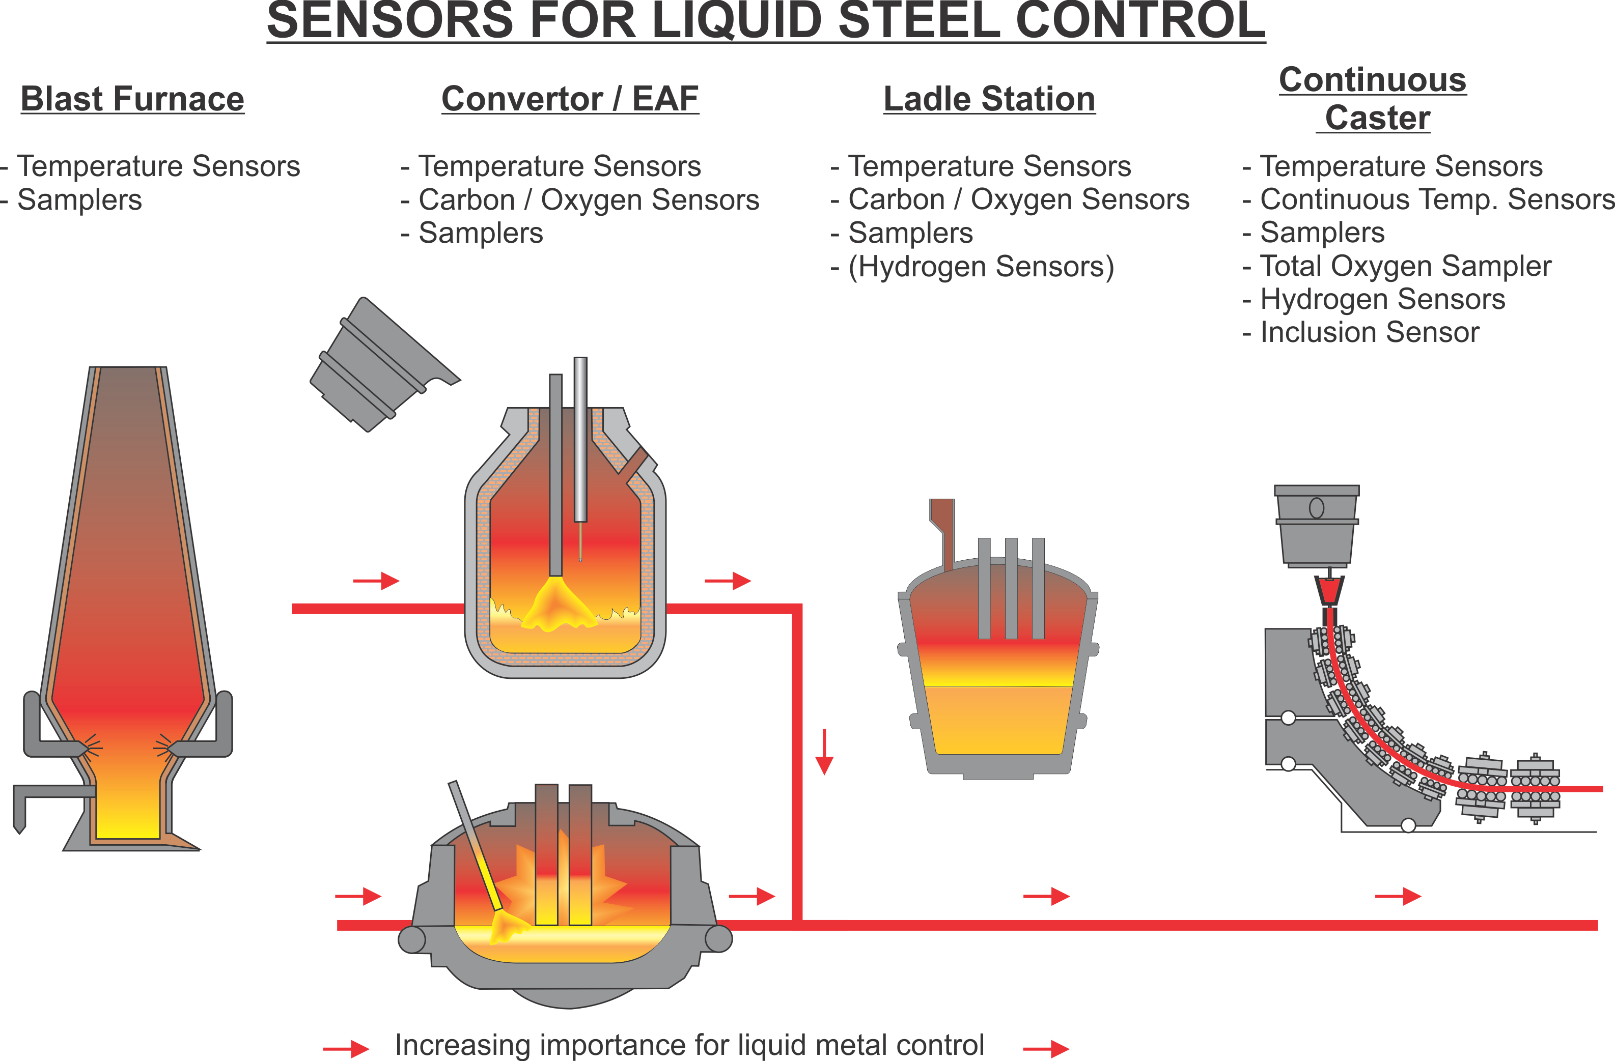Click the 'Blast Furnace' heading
(132, 99)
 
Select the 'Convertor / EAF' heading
(570, 99)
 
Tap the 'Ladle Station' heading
(989, 99)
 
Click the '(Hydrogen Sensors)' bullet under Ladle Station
(981, 267)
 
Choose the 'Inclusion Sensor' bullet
(1370, 332)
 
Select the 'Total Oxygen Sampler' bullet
(1405, 266)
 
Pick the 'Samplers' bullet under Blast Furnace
(79, 200)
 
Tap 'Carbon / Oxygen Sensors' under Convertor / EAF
(589, 200)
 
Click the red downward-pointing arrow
(824, 752)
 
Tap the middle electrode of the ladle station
(1011, 588)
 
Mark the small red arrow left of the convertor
(377, 581)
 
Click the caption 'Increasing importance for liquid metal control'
(689, 1045)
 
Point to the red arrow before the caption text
(346, 1049)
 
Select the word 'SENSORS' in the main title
(390, 20)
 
